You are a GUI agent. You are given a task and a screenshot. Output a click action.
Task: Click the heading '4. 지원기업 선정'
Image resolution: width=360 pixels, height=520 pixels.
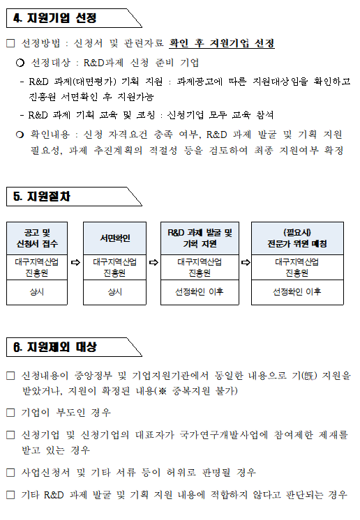tap(54, 18)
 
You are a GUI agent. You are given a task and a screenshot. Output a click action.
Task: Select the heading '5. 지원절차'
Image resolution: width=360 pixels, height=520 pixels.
tap(42, 197)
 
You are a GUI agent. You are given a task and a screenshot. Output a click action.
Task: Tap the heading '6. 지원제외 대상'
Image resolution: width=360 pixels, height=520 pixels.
tap(54, 347)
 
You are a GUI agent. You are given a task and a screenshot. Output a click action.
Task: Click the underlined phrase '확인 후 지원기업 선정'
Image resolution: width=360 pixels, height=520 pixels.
tap(222, 43)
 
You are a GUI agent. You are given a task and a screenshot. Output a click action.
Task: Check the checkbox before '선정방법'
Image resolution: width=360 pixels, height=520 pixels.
tap(10, 43)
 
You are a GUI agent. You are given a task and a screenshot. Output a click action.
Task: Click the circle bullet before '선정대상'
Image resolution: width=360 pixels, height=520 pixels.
tap(20, 63)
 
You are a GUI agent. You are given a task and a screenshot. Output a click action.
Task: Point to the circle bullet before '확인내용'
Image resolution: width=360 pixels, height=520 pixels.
tap(20, 135)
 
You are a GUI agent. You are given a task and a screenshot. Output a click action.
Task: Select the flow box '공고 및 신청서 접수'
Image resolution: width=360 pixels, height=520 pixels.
tap(37, 238)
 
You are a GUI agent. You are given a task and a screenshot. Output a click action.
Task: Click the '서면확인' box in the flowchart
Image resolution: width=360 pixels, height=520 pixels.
tap(115, 238)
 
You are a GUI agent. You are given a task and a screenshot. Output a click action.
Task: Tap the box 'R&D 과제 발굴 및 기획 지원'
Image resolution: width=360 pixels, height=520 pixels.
tap(200, 238)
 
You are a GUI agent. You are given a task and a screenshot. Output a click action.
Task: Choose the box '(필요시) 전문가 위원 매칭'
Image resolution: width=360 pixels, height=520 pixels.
tap(297, 238)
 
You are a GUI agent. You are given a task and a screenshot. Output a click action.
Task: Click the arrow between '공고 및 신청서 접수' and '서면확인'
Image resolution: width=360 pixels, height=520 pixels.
tap(75, 262)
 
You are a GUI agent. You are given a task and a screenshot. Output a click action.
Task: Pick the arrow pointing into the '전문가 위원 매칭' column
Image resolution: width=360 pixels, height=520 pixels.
tap(246, 262)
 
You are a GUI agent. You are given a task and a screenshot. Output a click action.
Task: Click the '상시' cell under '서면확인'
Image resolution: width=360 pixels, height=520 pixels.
tap(115, 292)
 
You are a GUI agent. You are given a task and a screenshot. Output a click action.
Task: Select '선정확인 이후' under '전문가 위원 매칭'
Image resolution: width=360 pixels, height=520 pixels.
tap(297, 292)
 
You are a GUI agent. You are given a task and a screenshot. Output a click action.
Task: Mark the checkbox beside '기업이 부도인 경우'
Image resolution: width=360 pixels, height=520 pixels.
tap(10, 413)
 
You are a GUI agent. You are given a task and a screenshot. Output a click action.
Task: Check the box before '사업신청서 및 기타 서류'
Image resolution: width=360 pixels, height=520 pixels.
tap(10, 472)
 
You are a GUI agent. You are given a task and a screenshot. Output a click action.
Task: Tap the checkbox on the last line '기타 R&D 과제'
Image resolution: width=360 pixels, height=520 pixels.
tap(10, 495)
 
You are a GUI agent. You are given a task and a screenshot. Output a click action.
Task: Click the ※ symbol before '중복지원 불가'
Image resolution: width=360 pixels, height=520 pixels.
tap(163, 391)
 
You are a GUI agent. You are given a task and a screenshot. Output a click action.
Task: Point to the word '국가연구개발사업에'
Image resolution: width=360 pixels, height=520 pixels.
tap(224, 435)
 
